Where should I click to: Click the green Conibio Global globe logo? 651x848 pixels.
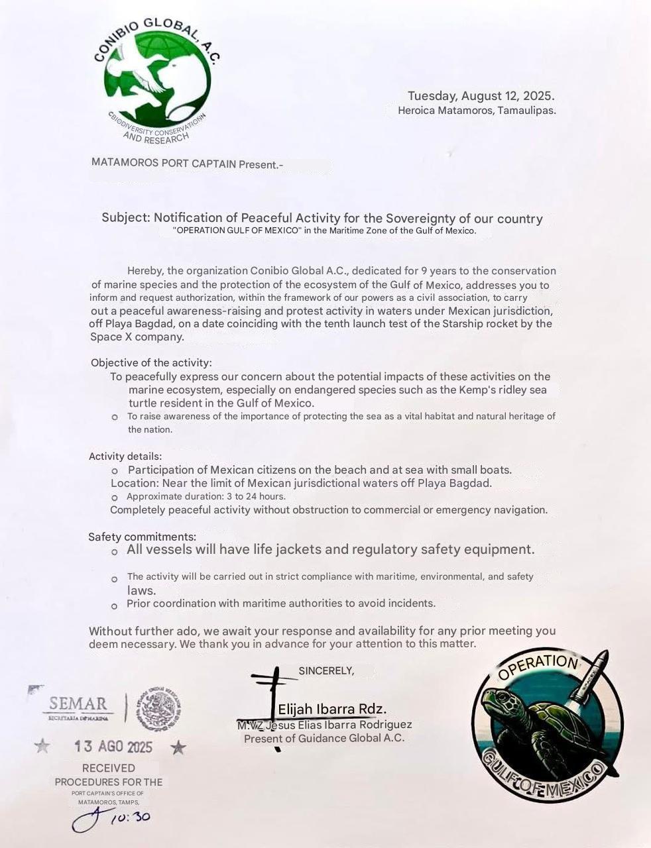click(157, 82)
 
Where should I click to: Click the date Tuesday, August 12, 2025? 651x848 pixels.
click(481, 96)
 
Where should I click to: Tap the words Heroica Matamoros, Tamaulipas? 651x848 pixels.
click(477, 111)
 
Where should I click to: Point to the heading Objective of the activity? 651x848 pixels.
click(151, 362)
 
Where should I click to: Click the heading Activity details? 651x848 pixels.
click(125, 456)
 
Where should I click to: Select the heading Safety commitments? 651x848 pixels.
click(142, 537)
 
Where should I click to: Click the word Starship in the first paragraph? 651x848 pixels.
click(465, 323)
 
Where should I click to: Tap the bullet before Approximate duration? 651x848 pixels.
click(115, 497)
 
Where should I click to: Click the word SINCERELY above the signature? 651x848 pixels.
click(326, 670)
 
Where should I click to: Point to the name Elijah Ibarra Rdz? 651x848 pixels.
click(332, 709)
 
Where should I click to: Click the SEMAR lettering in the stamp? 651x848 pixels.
click(78, 703)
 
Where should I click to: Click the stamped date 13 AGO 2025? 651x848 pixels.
click(113, 747)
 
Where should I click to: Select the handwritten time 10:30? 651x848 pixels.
click(130, 817)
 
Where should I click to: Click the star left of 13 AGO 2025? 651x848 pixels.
click(42, 746)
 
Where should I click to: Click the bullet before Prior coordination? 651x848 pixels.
click(114, 606)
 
